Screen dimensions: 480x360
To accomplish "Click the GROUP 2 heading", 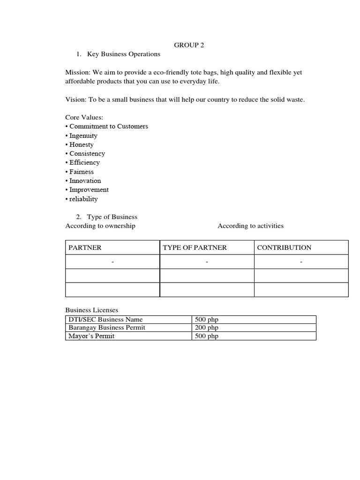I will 189,45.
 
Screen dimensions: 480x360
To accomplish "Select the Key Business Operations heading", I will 123,54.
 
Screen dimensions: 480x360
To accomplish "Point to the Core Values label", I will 84,118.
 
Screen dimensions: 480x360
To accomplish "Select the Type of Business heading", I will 112,217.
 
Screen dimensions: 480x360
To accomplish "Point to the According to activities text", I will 250,226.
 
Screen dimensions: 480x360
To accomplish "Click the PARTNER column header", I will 85,247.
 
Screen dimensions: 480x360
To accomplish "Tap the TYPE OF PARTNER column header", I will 195,247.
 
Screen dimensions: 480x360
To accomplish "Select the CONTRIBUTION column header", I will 284,247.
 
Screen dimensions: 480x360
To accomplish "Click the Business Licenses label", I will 92,310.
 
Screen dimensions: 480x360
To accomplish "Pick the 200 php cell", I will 207,328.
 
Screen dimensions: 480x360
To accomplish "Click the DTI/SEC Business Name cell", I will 105,320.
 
